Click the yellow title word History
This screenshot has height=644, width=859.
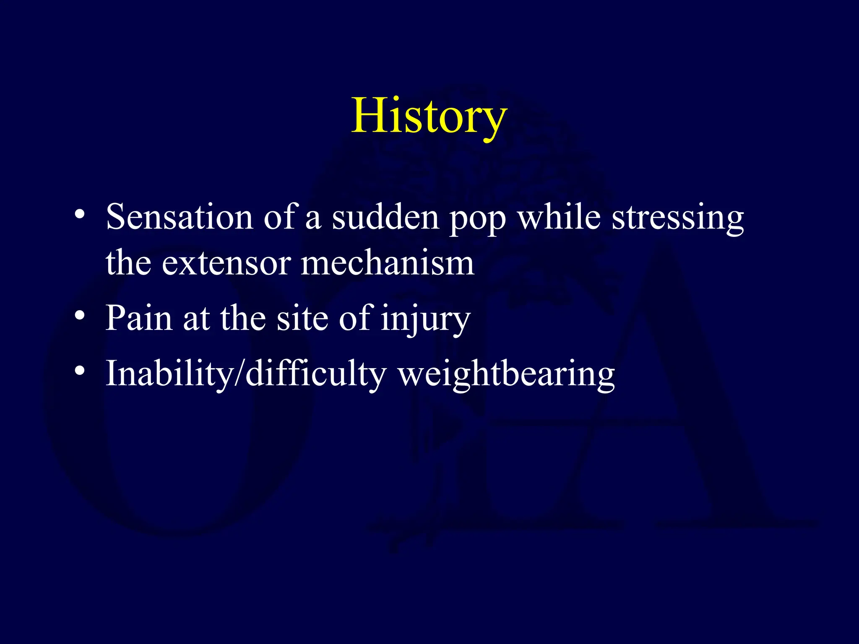[x=429, y=116]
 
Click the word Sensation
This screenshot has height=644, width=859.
[x=180, y=217]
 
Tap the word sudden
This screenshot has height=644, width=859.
[x=385, y=217]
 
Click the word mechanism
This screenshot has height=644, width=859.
[x=387, y=263]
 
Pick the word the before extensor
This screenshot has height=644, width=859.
[x=128, y=263]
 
